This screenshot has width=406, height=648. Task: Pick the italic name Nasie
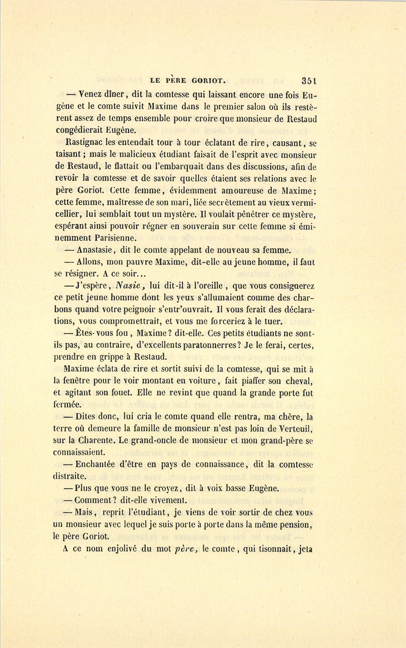pyautogui.click(x=130, y=285)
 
